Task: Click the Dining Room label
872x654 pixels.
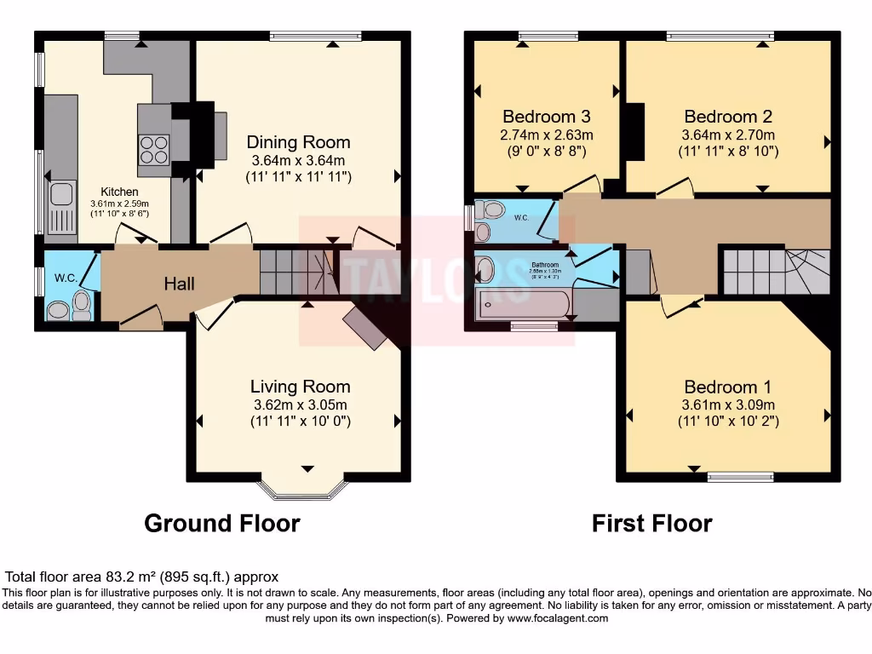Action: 298,142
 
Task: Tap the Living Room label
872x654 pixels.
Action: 300,387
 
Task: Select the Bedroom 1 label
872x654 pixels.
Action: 728,387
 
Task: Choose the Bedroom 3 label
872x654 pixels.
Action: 546,117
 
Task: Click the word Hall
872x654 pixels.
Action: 180,284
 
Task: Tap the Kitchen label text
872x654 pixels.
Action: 119,192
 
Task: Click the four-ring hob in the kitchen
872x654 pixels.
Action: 154,150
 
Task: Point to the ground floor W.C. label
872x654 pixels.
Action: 66,278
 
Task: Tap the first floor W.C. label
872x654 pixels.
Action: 522,217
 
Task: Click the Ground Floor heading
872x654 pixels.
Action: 221,523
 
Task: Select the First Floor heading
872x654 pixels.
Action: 651,523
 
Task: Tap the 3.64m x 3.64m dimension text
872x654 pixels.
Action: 298,160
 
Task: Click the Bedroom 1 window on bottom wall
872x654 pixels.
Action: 728,475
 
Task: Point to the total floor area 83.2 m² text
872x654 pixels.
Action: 142,577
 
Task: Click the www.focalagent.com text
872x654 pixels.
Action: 557,618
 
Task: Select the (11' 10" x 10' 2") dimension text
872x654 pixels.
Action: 728,421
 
